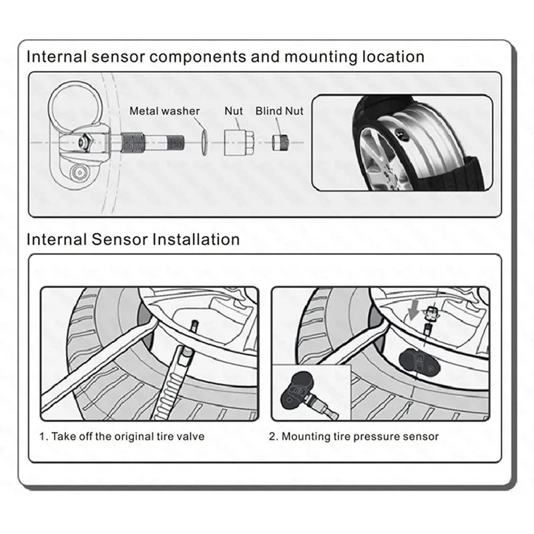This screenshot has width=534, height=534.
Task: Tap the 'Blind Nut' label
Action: [x=279, y=111]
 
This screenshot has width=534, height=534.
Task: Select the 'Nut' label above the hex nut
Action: [x=234, y=111]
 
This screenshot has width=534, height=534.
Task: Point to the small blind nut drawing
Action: [x=279, y=143]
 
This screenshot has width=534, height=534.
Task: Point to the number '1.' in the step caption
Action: [x=43, y=437]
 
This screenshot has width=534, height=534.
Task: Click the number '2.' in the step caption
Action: [x=274, y=437]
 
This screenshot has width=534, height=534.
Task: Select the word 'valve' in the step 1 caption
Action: [x=192, y=437]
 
